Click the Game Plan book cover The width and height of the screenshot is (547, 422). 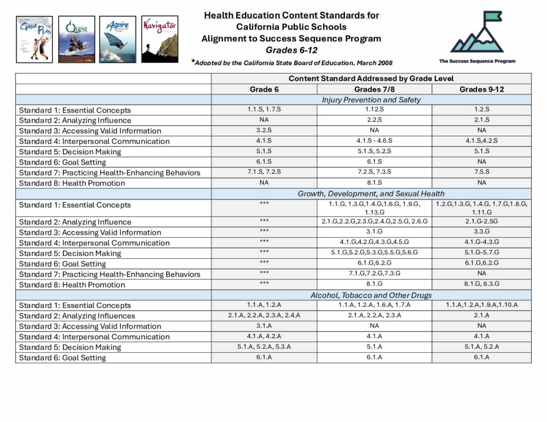34,39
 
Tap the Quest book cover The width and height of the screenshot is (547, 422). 76,39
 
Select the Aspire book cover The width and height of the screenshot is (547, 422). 118,39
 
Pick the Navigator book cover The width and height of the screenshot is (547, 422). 160,39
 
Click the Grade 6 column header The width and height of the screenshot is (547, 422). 264,89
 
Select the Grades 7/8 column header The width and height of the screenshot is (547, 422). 374,89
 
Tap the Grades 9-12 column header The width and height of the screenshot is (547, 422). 481,89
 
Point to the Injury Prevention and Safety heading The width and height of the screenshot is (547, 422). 371,100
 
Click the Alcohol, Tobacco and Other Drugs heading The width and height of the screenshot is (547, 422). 371,295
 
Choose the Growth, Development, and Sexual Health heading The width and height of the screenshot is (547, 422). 371,194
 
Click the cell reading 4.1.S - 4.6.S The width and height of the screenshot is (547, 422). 374,141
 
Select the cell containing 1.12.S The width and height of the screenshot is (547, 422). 374,110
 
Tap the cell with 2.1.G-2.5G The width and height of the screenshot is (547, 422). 481,221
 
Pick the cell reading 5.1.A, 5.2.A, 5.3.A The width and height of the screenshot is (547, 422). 264,347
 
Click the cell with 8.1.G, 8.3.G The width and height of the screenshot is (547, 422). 481,284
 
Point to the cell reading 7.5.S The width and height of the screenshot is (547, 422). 481,172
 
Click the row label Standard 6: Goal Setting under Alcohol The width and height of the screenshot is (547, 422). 62,357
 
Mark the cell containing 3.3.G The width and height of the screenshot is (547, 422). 481,232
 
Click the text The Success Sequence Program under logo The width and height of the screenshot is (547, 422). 477,61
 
